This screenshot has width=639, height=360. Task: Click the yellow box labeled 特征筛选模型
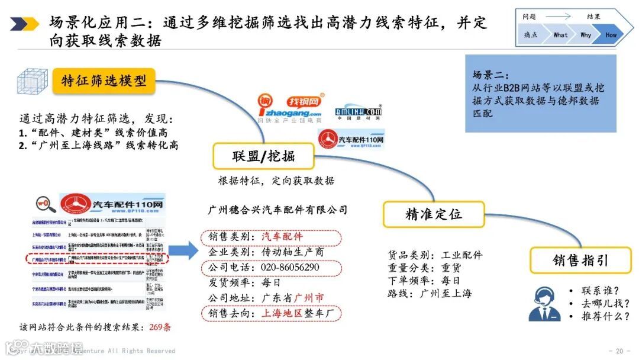(x=104, y=81)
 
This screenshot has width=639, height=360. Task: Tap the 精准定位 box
(x=433, y=214)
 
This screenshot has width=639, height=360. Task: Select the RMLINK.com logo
(x=358, y=112)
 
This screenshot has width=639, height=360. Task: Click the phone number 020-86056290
(x=290, y=268)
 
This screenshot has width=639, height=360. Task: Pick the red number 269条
(x=160, y=327)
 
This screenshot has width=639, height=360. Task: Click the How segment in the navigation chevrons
(x=611, y=35)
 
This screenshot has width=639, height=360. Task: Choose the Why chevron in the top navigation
(x=585, y=35)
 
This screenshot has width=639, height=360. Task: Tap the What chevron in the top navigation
(x=560, y=35)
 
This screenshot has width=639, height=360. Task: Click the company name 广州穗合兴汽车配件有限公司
(x=277, y=210)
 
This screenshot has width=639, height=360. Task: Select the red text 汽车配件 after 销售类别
(x=282, y=237)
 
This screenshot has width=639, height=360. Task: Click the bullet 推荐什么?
(x=605, y=316)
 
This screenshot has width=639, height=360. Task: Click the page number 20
(x=619, y=350)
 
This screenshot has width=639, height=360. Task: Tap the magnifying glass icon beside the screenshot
(x=46, y=204)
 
